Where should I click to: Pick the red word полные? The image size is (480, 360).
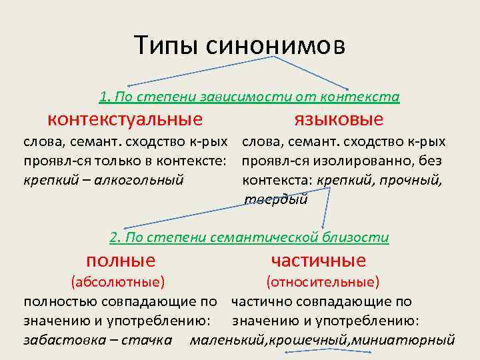point(121,260)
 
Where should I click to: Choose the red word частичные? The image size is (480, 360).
point(319,260)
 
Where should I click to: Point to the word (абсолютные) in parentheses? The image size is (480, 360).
point(118,282)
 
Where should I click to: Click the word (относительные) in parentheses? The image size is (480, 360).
point(323,282)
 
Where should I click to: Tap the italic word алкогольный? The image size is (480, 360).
point(145,180)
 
